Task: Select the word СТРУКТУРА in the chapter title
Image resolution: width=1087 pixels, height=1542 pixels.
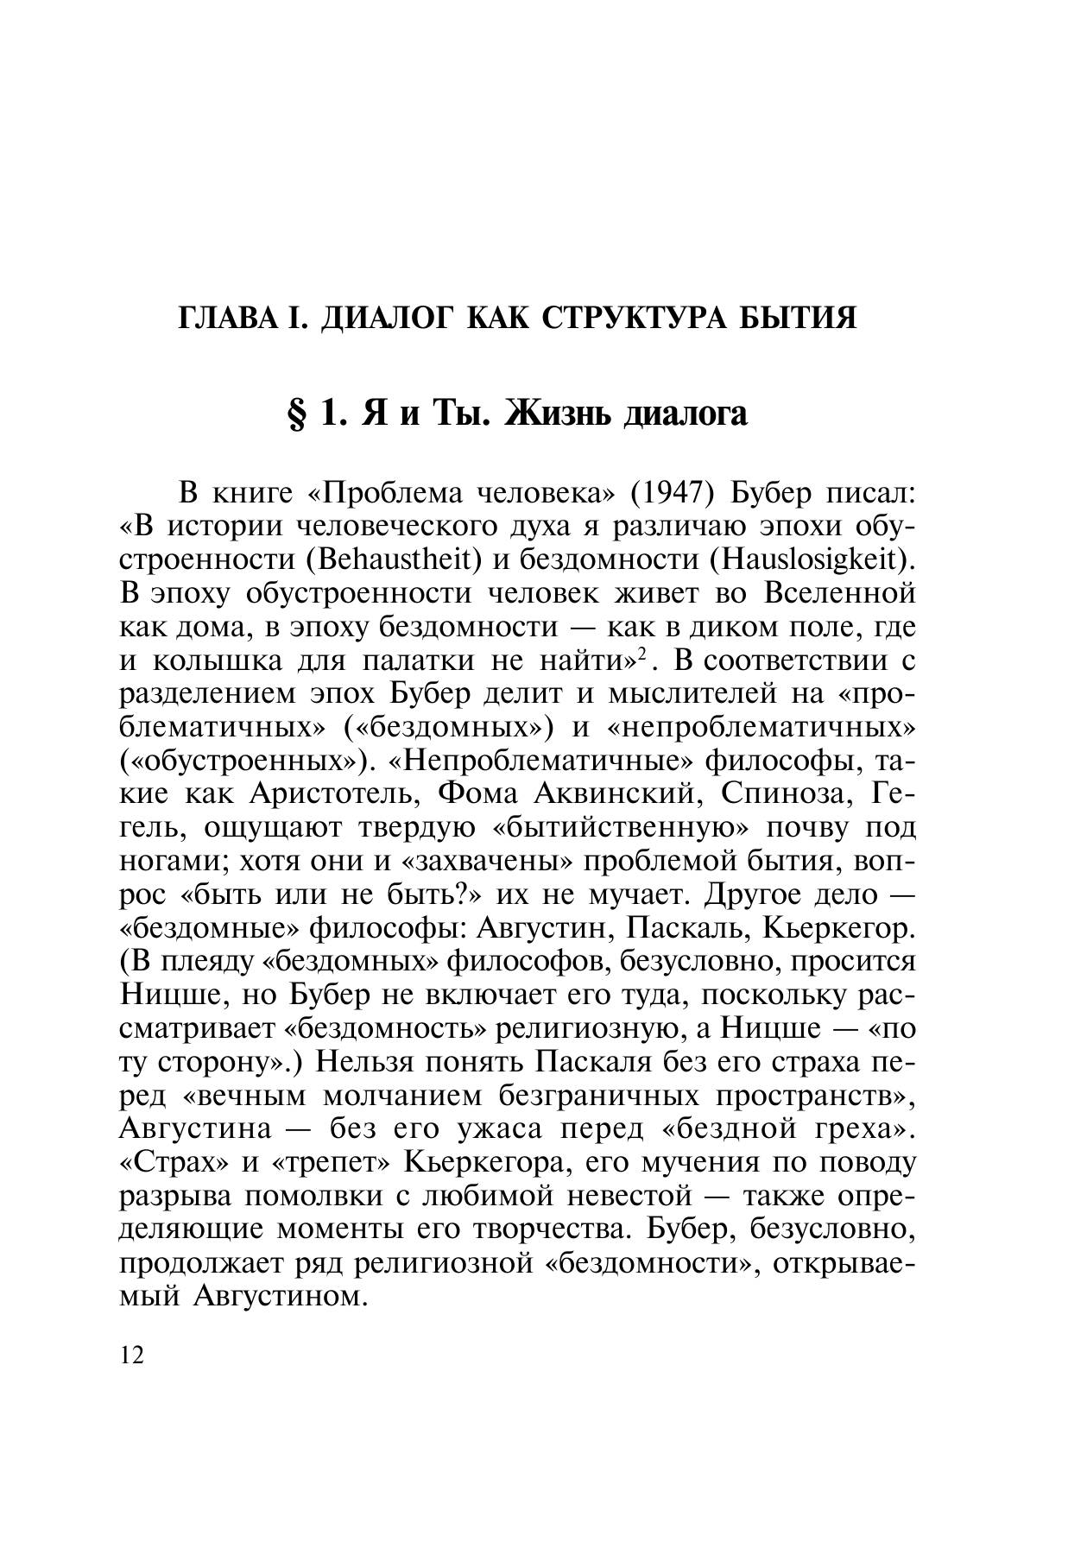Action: [x=629, y=318]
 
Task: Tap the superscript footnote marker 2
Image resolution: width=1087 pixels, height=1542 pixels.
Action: [x=642, y=655]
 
